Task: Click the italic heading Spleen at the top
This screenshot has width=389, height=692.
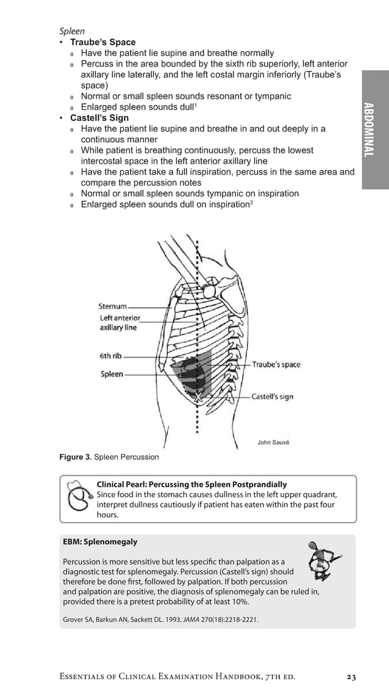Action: pos(71,31)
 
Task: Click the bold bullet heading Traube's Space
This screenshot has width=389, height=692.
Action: pos(102,42)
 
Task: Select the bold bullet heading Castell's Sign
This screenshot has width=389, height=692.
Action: pos(99,118)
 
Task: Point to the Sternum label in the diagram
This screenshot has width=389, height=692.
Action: pos(113,306)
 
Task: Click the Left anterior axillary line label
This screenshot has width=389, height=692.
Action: pos(120,323)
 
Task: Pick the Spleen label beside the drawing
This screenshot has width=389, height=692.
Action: pos(112,374)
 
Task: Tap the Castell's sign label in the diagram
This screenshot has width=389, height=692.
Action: pos(272,397)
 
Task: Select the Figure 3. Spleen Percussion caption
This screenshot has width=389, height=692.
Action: pos(109,457)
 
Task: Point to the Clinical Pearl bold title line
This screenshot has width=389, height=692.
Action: pos(191,484)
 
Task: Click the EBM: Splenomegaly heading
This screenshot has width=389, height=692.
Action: pos(100,542)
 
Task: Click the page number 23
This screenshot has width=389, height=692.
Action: pos(351,677)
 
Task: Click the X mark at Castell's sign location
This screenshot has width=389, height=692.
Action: pos(196,397)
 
